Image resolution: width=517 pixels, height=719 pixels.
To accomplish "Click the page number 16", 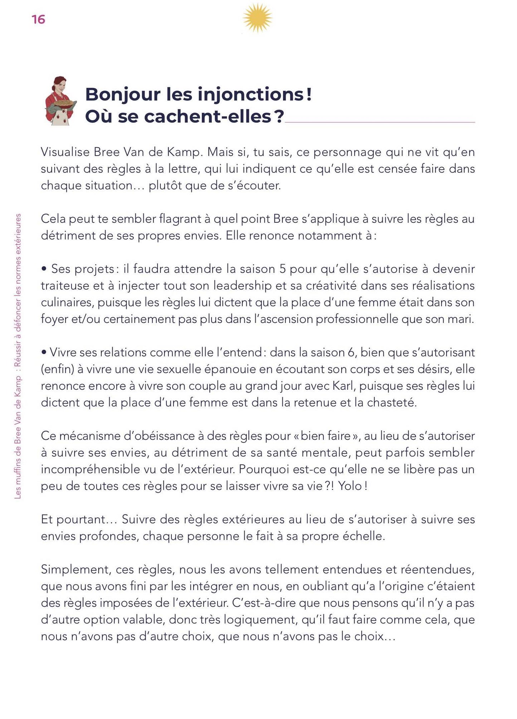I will coord(38,19).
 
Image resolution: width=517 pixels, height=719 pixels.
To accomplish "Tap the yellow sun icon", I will coord(257,18).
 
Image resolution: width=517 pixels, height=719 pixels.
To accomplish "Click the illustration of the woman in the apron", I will coord(60,101).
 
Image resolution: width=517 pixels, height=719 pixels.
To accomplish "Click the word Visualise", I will coord(65,152).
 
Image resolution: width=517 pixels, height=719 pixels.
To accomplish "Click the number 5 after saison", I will coord(282,269).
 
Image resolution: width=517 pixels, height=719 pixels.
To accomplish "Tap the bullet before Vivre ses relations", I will coord(44,353).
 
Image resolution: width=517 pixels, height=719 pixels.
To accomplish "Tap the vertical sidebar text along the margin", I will coord(18,356).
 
